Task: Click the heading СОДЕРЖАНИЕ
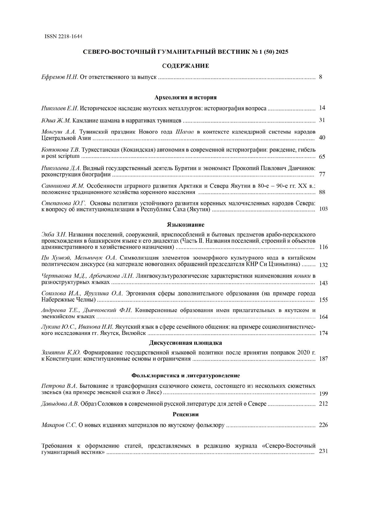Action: tap(185, 66)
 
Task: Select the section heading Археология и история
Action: tap(185, 98)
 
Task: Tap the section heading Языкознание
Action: tap(185, 225)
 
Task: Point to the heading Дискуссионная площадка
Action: tap(185, 343)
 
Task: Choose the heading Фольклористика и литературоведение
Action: tap(185, 376)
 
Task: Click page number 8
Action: tap(321, 77)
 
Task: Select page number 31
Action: tap(322, 120)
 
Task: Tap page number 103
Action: tap(323, 209)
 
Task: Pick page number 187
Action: tap(323, 359)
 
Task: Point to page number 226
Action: tap(323, 425)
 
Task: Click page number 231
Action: tap(323, 451)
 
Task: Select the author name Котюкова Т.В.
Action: tap(60, 150)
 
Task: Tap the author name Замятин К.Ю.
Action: tap(61, 352)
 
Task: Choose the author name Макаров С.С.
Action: tap(59, 425)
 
